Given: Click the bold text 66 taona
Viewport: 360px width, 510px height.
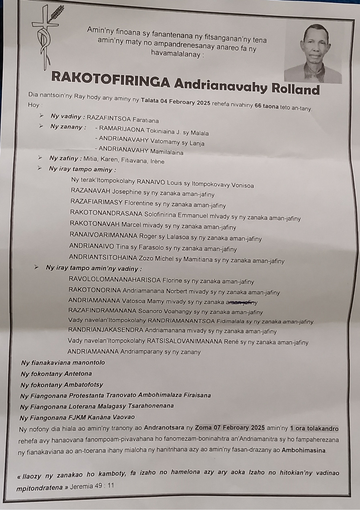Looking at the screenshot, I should tap(266, 106).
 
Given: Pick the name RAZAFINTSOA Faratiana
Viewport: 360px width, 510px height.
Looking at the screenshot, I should tap(122, 119).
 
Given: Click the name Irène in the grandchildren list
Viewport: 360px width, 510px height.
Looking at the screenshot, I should tap(158, 162).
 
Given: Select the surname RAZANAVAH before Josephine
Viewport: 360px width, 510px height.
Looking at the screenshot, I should tap(91, 191).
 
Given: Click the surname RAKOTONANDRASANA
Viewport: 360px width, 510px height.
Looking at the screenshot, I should tap(106, 213).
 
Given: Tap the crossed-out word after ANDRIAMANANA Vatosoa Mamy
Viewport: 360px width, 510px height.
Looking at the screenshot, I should tap(241, 302).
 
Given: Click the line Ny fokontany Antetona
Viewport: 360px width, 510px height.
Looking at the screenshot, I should tap(56, 374).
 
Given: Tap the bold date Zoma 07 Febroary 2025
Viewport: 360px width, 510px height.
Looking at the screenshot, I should tap(230, 428).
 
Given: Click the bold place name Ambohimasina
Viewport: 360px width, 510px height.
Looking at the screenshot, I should tap(303, 450).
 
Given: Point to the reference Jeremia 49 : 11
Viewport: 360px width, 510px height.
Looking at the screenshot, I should tap(92, 486).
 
